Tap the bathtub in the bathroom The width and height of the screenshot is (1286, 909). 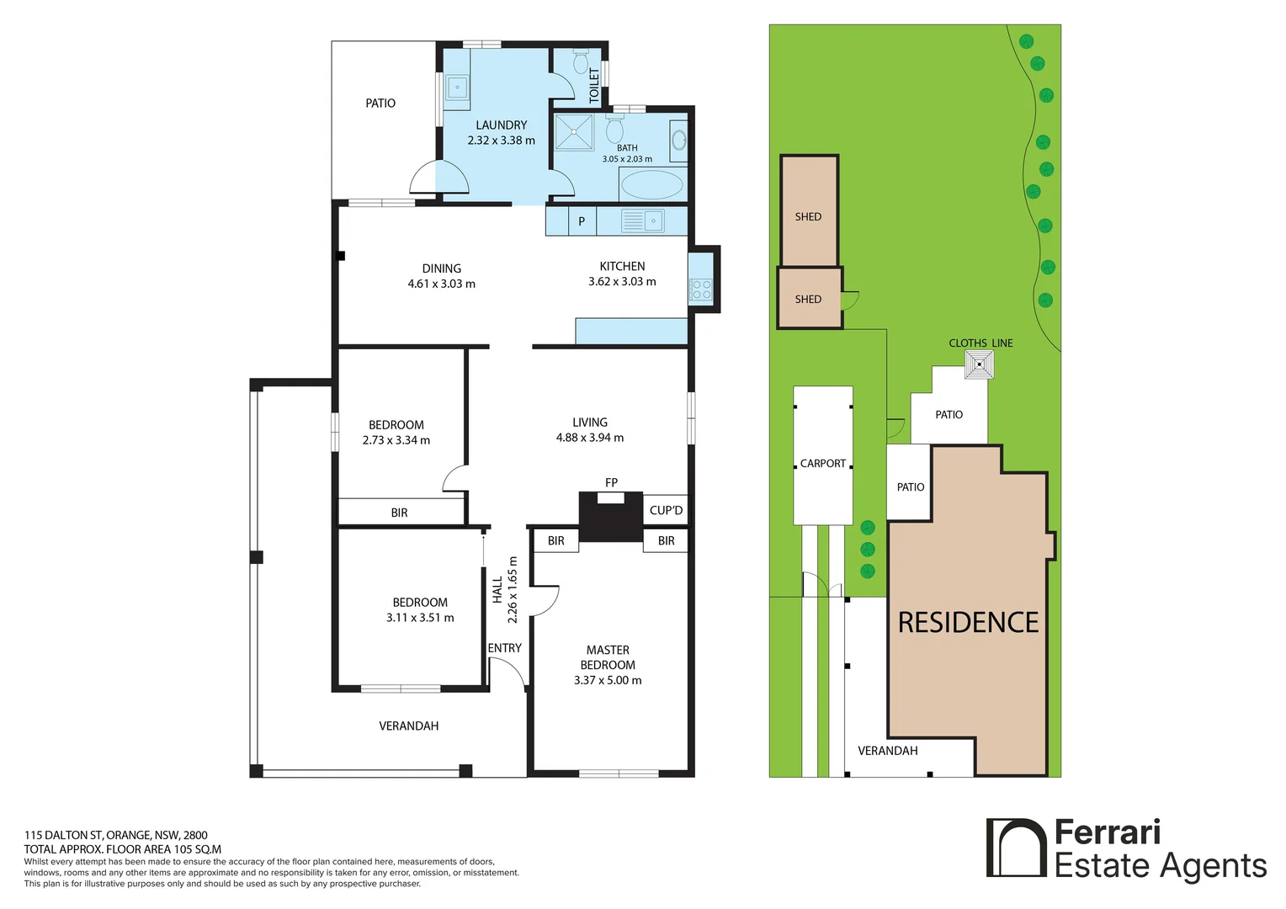[652, 184]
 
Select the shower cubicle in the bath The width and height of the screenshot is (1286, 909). [573, 132]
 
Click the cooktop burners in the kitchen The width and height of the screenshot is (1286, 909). [701, 289]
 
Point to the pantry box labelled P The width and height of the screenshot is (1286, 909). [582, 221]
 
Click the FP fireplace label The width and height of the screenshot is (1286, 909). [611, 482]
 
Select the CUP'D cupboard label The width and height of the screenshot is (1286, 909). [666, 510]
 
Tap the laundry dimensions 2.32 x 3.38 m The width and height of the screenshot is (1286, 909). [502, 140]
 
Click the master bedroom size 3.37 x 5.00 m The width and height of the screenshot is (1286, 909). [608, 680]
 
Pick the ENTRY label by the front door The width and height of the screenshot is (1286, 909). [505, 648]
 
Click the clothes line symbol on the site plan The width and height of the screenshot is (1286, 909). [979, 364]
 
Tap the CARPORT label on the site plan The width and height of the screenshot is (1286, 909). [823, 464]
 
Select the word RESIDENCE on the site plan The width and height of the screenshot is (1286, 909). [968, 623]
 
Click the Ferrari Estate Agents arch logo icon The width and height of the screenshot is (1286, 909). [1016, 848]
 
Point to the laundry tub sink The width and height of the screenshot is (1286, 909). [457, 88]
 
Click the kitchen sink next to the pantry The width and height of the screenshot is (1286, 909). [653, 221]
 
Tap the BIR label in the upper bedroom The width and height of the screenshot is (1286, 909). [399, 513]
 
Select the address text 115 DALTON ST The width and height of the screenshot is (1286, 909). [63, 835]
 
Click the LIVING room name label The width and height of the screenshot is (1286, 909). [590, 422]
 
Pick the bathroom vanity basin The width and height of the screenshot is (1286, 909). [678, 140]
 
